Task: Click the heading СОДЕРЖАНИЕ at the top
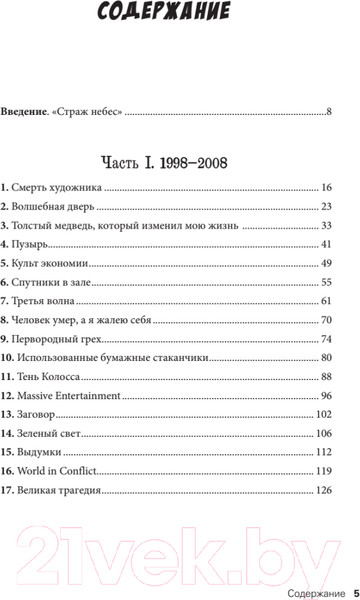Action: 180,12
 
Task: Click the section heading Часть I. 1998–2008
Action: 180,159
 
